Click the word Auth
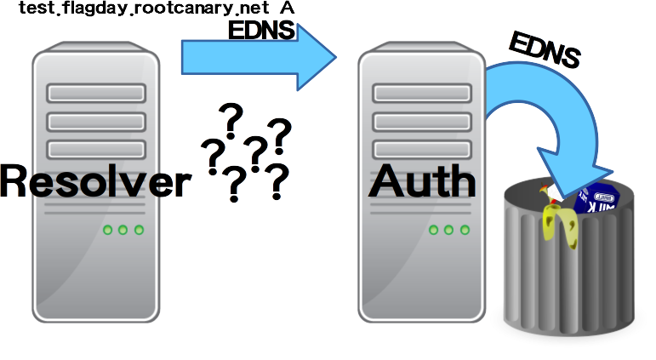click(422, 180)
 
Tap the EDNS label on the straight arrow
click(262, 31)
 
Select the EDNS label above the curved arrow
click(544, 50)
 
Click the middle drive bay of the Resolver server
click(96, 120)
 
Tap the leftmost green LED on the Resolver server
click(108, 230)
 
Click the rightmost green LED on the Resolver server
click(139, 230)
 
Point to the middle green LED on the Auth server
click(448, 230)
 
